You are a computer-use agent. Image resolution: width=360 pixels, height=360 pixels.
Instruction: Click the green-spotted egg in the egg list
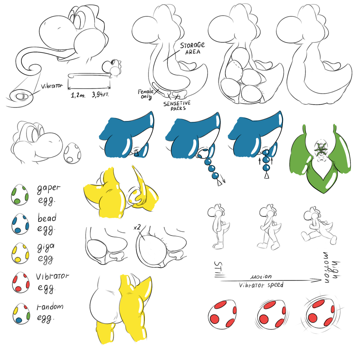tap(20, 195)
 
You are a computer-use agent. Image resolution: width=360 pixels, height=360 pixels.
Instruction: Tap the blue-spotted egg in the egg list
tap(20, 224)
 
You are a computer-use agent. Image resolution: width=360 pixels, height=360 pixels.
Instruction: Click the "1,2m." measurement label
tap(78, 95)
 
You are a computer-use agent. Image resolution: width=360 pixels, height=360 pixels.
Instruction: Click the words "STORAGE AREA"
tap(192, 48)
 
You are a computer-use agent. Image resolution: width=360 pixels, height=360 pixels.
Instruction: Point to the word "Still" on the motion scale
tap(219, 269)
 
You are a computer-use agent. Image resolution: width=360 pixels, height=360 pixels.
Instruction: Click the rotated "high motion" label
tap(332, 267)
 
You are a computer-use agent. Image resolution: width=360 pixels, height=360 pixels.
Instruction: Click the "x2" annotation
tap(137, 227)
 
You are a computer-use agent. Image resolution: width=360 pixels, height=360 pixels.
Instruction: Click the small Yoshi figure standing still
tap(218, 226)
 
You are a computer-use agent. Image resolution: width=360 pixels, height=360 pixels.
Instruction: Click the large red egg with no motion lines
tap(222, 315)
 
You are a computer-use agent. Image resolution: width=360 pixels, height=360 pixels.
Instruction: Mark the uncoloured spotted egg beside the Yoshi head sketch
tap(72, 153)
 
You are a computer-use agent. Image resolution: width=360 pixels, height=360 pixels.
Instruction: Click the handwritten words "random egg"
tap(50, 313)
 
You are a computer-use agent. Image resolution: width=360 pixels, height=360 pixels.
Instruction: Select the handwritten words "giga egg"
tap(46, 254)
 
